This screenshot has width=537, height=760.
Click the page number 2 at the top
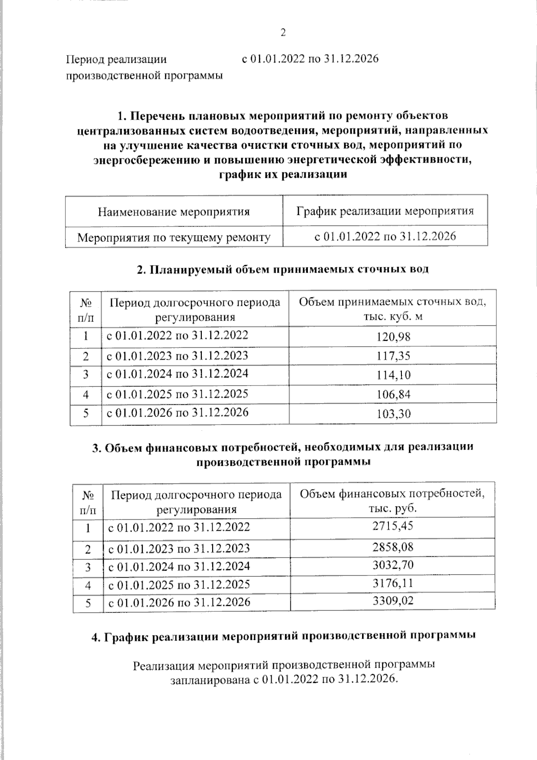point(283,33)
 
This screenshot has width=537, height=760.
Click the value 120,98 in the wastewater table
point(393,337)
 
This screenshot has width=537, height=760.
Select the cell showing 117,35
point(393,356)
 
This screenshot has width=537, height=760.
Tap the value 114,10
point(393,375)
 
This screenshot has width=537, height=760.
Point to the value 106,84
point(393,395)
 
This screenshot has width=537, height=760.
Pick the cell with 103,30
point(393,414)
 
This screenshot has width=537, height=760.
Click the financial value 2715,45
point(392,526)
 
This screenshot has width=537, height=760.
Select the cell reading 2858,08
point(392,547)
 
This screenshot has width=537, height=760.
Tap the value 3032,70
point(392,565)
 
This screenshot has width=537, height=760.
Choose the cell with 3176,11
point(392,583)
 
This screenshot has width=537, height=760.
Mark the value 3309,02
point(392,601)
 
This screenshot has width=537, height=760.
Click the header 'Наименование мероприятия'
point(174,211)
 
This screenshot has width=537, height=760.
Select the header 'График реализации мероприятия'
point(385,210)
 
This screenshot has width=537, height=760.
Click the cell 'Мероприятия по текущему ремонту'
point(174,237)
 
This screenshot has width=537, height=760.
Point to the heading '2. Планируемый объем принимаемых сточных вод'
point(282,269)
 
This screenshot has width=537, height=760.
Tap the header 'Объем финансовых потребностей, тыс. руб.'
point(392,501)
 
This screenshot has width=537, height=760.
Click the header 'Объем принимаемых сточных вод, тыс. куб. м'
point(392,309)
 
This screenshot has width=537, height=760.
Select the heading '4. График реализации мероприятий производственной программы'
point(283,636)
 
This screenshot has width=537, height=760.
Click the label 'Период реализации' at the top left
point(116,59)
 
